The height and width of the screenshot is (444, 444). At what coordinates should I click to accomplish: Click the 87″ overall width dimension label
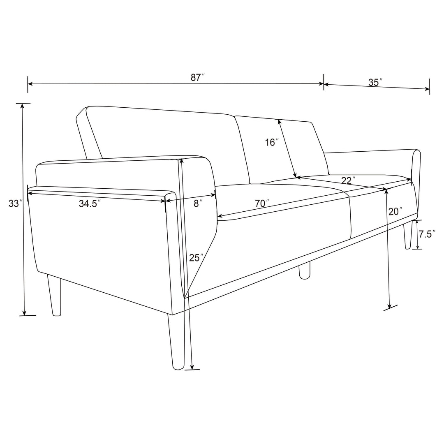197,77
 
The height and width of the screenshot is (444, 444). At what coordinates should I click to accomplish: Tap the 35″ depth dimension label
375,82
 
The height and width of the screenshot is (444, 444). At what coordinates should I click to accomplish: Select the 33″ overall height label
14,203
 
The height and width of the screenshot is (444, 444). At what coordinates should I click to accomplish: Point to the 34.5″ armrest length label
90,203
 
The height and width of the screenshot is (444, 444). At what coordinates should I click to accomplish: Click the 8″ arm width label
198,203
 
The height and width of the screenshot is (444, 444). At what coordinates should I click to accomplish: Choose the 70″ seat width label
262,203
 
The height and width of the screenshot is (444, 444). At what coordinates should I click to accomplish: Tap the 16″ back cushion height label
272,142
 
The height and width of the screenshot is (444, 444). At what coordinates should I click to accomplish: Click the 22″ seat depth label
348,180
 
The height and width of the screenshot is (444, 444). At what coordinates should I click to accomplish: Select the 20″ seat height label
395,211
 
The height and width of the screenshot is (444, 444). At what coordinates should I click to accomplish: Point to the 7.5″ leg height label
427,234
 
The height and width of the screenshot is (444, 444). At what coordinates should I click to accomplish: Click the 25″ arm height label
196,258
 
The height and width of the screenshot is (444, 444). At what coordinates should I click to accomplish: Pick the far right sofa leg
408,236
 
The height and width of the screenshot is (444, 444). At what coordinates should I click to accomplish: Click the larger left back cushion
164,140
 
